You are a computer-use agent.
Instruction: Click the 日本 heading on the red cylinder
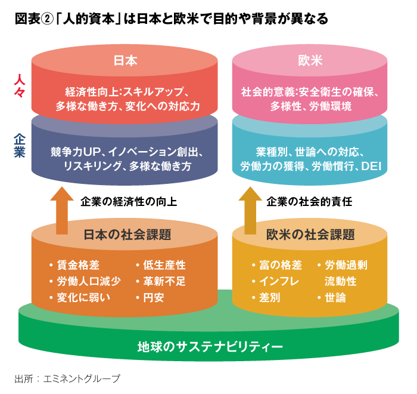(125, 60)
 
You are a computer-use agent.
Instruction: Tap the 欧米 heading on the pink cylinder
(310, 60)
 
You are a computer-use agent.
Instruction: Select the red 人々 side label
(20, 86)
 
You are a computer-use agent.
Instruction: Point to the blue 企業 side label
(20, 146)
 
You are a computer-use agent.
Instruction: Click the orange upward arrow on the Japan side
(62, 211)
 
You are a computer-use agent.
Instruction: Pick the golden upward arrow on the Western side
(250, 211)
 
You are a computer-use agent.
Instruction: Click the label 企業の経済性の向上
(129, 202)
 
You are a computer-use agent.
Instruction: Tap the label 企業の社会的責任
(309, 202)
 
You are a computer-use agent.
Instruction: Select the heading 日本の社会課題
(127, 235)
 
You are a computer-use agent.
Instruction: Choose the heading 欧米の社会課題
(310, 235)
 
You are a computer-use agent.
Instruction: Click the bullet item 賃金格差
(78, 265)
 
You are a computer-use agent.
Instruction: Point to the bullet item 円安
(154, 297)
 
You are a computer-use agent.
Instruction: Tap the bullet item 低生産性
(164, 265)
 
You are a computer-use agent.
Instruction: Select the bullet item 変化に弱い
(83, 297)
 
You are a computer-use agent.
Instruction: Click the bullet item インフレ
(279, 281)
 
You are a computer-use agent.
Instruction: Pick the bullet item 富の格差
(281, 265)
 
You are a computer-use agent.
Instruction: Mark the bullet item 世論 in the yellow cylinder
(335, 297)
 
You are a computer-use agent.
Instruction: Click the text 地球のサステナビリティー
(210, 347)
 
